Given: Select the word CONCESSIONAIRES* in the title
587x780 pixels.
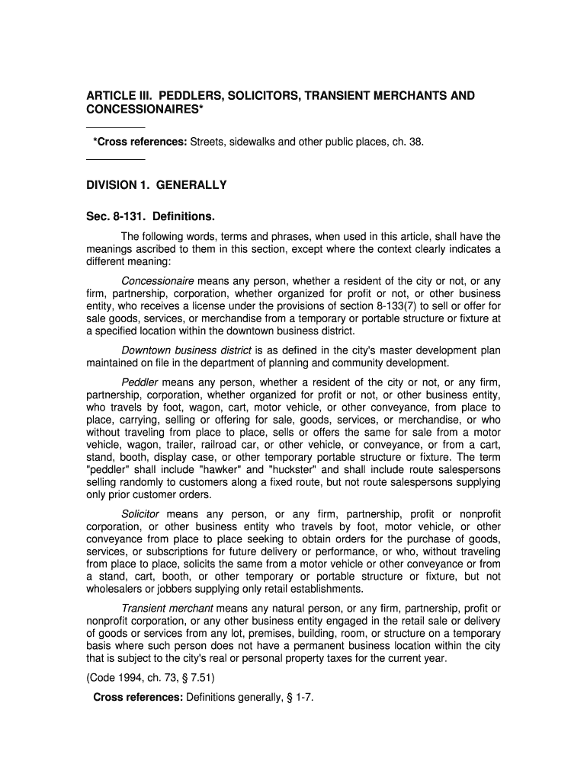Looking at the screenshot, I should [x=145, y=110].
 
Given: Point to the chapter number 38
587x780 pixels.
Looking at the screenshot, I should [x=415, y=142].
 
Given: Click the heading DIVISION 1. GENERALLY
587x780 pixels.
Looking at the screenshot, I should [x=156, y=185].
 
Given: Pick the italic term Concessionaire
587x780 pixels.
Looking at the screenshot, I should [x=158, y=280].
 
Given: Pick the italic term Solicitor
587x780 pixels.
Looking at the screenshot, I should [x=140, y=514].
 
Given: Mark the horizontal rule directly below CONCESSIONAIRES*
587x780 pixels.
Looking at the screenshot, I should [x=115, y=127].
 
